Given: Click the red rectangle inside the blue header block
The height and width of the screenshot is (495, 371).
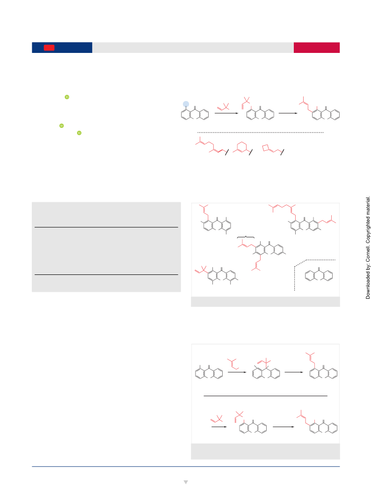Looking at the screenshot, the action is coord(49,48).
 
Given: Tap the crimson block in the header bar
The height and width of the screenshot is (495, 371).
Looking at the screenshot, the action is coord(316,47).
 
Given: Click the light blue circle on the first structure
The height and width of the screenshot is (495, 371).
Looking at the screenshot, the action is coord(186,104).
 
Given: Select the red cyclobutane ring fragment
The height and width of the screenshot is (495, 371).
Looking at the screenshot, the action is coord(266,148).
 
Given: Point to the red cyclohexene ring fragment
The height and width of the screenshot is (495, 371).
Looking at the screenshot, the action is coord(242,147).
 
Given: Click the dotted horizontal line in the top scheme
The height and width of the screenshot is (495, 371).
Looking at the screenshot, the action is coord(260,133).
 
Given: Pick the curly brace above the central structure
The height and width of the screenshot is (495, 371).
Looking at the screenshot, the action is coord(246,236).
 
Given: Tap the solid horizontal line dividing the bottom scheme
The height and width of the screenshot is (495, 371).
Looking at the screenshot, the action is coord(265,396).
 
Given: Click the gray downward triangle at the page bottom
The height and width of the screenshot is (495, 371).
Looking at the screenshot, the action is coord(186,482).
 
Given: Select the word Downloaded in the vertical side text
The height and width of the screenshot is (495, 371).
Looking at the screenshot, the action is coord(368,283).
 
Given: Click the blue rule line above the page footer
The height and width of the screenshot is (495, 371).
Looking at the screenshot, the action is coord(186,466).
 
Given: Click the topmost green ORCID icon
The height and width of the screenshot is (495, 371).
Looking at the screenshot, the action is coord(67,97).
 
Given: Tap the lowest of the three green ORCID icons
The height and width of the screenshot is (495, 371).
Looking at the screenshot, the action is coord(79,133).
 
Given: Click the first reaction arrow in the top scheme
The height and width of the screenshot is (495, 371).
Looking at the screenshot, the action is coord(226,113).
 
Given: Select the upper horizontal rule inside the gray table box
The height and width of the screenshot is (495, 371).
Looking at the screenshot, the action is coord(106,227).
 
